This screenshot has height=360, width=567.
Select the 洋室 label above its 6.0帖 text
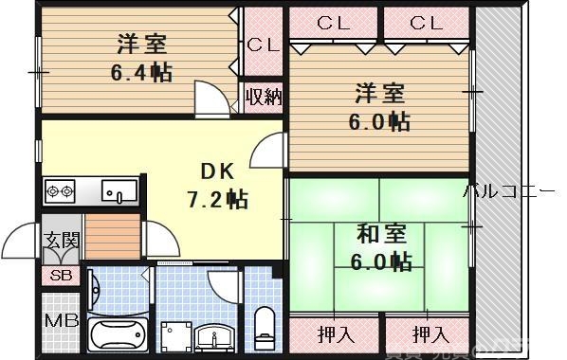coord(380,94)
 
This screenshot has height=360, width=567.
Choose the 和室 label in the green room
coord(381,232)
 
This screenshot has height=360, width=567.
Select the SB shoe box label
coord(57,276)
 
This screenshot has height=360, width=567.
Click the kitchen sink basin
coord(119,192)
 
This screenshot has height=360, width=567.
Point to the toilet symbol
coord(264,326)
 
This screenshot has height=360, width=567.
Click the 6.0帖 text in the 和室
coord(382,261)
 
